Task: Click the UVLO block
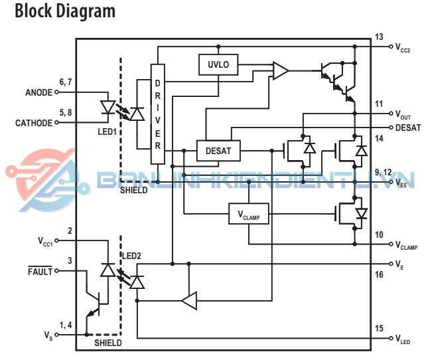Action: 218,64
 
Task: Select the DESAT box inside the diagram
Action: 218,151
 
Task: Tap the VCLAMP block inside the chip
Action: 249,214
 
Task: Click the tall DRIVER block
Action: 158,114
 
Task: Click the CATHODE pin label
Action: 34,123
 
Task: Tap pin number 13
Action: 379,37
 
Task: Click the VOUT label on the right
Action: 403,114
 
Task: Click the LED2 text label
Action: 131,256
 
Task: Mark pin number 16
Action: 379,274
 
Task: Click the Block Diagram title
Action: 64,11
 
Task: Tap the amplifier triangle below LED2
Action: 189,301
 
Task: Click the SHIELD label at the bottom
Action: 107,343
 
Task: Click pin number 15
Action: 379,328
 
